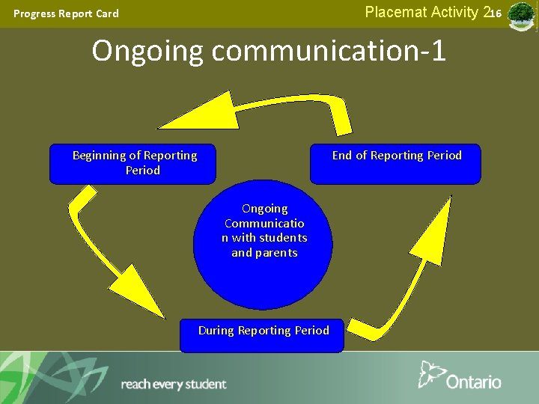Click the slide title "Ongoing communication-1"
click(269, 51)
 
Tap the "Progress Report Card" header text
click(66, 13)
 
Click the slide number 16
click(496, 13)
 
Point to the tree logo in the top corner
click(521, 15)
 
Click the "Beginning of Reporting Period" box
click(133, 164)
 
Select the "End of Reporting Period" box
click(395, 164)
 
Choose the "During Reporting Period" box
click(262, 334)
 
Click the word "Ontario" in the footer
click(473, 382)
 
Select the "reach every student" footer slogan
click(173, 385)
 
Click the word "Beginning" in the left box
click(100, 156)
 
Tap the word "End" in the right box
click(342, 156)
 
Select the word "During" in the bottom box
click(216, 330)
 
